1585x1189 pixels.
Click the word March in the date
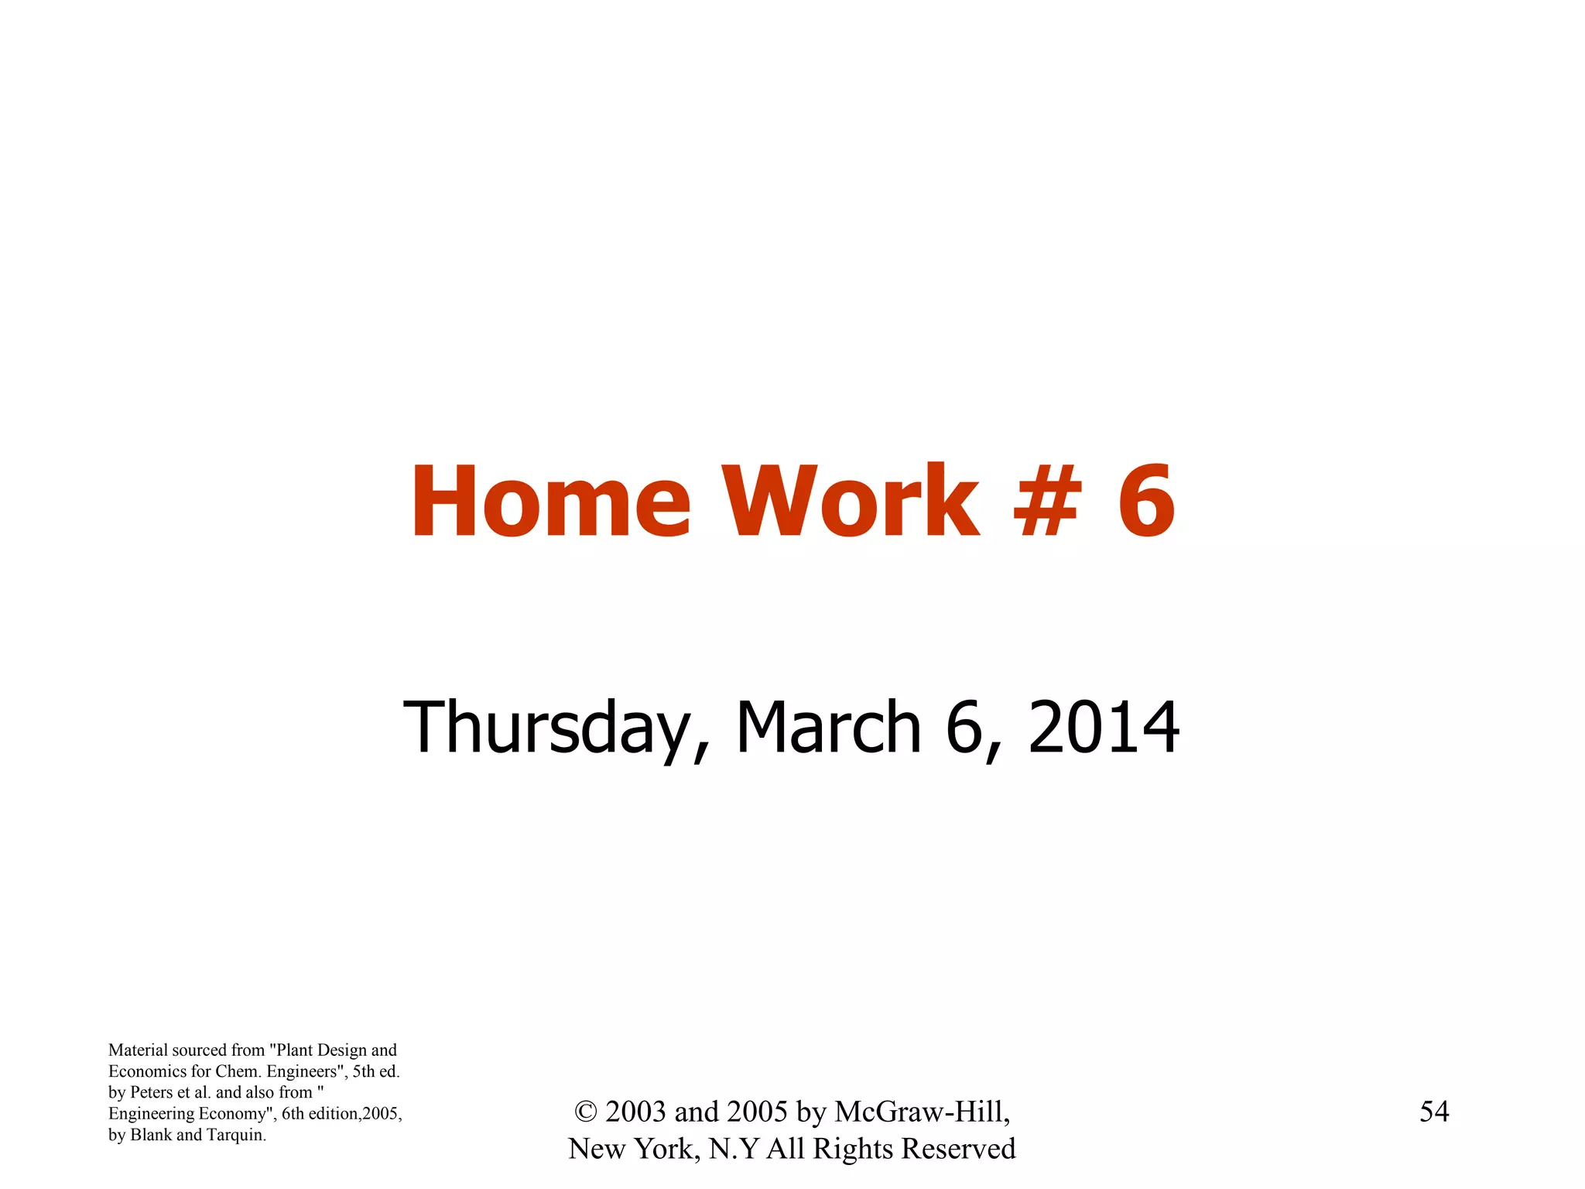click(x=828, y=727)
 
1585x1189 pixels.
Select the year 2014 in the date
click(x=1104, y=727)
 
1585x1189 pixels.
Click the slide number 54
click(x=1434, y=1112)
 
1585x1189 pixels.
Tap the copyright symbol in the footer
click(x=586, y=1112)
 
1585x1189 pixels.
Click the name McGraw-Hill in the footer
click(x=922, y=1112)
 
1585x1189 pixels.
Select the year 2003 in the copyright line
click(x=635, y=1112)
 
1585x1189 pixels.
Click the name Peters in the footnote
click(x=152, y=1092)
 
